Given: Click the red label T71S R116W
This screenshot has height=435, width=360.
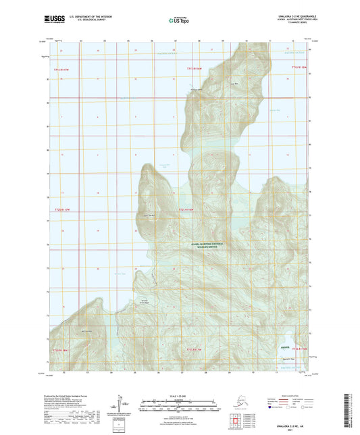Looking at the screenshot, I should point(194,68).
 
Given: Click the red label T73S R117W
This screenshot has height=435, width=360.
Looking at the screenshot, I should point(193,350).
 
